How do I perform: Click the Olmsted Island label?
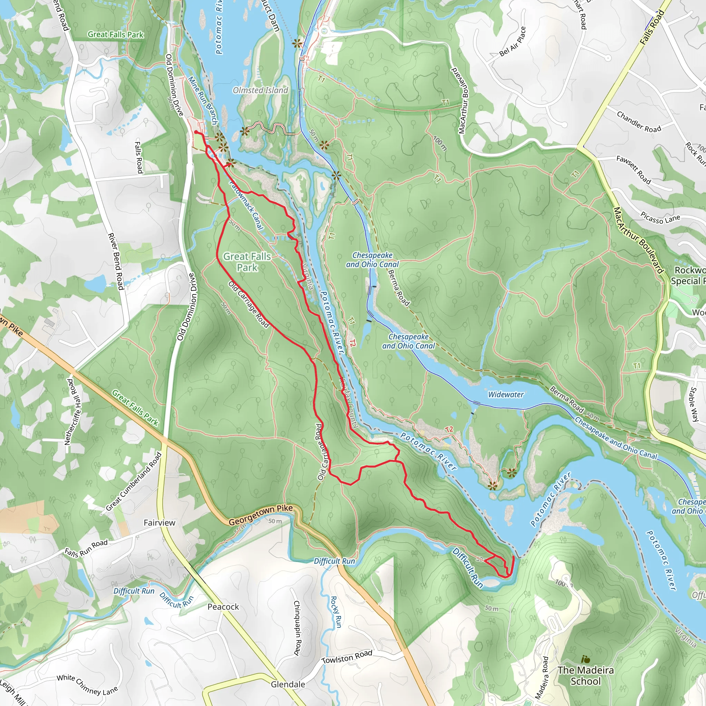pyautogui.click(x=260, y=90)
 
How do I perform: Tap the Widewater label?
pyautogui.click(x=506, y=394)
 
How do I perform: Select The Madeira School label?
pyautogui.click(x=585, y=676)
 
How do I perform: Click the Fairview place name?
pyautogui.click(x=159, y=523)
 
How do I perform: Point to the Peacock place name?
pyautogui.click(x=223, y=607)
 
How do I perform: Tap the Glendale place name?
pyautogui.click(x=288, y=684)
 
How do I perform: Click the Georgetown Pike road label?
pyautogui.click(x=261, y=515)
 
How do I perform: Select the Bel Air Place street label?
pyautogui.click(x=512, y=41)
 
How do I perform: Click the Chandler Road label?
pyautogui.click(x=639, y=122)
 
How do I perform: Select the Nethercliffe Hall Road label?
pyautogui.click(x=72, y=412)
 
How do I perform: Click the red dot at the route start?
pyautogui.click(x=196, y=132)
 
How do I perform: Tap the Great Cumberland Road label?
pyautogui.click(x=134, y=481)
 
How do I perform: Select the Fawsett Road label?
pyautogui.click(x=634, y=170)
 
